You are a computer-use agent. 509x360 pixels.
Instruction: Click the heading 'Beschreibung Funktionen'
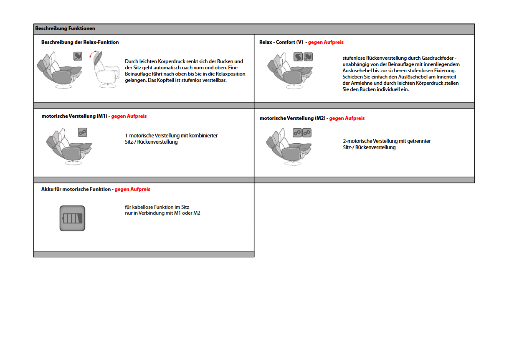coord(65,29)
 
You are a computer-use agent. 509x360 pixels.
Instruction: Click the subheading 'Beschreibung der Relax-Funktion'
coord(80,42)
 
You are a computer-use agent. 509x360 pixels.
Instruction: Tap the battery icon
coord(72,218)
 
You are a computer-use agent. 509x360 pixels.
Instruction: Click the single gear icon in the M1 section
coord(82,132)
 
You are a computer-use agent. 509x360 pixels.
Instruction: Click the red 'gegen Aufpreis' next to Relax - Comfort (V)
coord(326,42)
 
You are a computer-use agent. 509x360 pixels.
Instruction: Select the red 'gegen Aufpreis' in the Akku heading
coord(132,189)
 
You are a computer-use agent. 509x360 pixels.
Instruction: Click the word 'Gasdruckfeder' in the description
coord(439,58)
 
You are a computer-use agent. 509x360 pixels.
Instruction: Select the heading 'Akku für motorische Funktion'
coord(76,189)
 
